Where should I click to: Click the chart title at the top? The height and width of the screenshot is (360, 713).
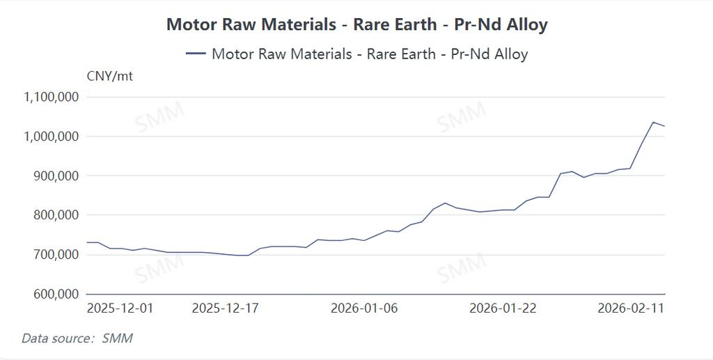coord(356,24)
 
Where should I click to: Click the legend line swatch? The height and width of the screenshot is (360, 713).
coord(196,54)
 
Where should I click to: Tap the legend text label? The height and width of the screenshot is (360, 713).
coord(369,54)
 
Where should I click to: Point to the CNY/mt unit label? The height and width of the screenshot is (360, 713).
coord(110,76)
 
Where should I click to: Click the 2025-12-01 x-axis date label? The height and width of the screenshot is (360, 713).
coord(120,308)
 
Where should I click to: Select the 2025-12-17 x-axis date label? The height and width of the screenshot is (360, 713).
coord(225,308)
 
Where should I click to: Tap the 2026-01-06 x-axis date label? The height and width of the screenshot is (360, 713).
coord(364,308)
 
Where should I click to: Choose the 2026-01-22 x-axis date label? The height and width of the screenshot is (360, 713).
coord(503,308)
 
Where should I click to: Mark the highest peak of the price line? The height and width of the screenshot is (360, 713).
coord(653,123)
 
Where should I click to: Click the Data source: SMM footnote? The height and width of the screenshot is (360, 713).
coord(77,339)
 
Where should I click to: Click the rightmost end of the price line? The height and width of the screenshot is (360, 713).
coord(665,126)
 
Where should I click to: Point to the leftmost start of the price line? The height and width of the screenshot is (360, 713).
coord(86,242)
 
